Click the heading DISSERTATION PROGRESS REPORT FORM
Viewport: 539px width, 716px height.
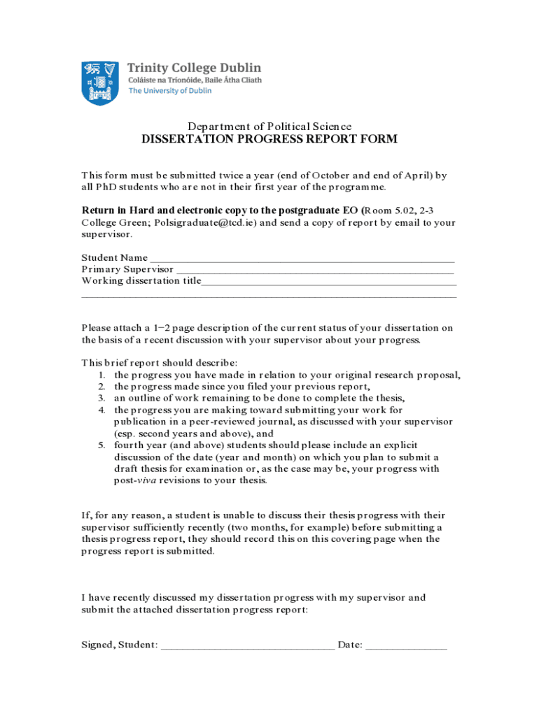[269, 139]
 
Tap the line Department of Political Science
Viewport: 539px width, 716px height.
[269, 127]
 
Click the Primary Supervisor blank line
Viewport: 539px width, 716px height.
[315, 269]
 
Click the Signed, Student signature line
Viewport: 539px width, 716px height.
[247, 645]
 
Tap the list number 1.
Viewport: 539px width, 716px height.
[101, 375]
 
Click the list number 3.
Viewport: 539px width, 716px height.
[101, 399]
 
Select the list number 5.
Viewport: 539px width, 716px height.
[101, 445]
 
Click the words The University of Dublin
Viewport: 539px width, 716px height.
[169, 91]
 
